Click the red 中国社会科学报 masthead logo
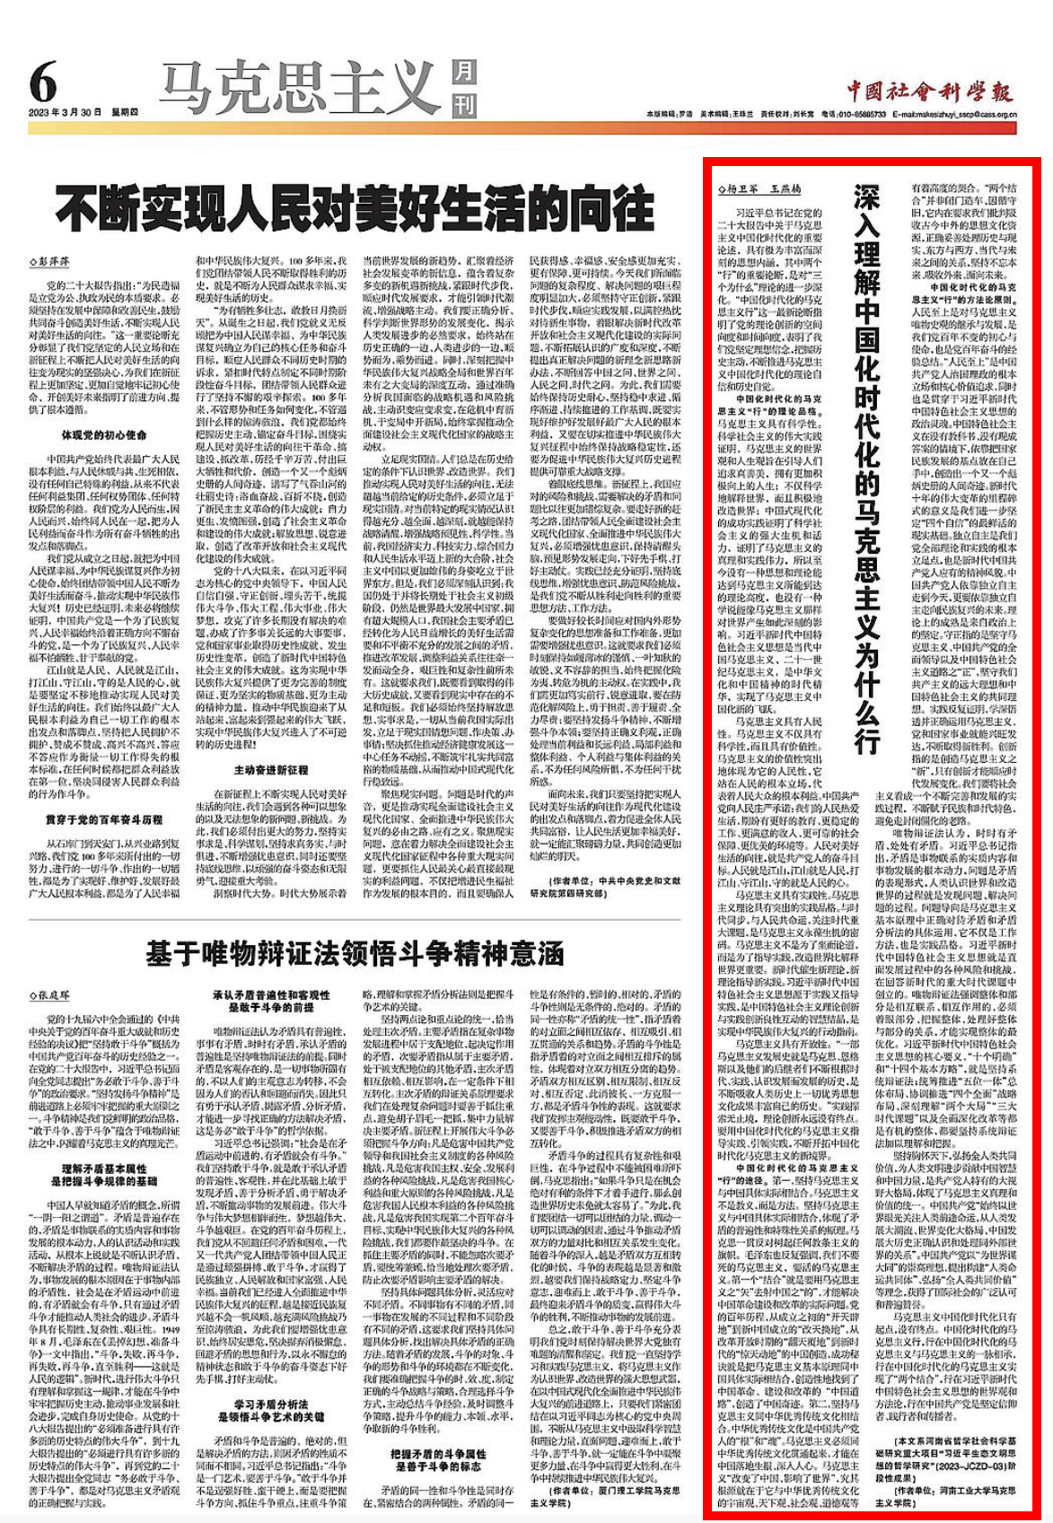(x=929, y=91)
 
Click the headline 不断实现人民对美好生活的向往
(x=354, y=209)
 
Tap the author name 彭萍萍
(x=54, y=261)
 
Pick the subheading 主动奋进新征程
(x=272, y=769)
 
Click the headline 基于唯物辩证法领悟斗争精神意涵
(x=355, y=953)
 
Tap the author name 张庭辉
(x=54, y=995)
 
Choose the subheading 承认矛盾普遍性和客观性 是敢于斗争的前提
(x=272, y=1002)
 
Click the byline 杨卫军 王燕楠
(x=759, y=190)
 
